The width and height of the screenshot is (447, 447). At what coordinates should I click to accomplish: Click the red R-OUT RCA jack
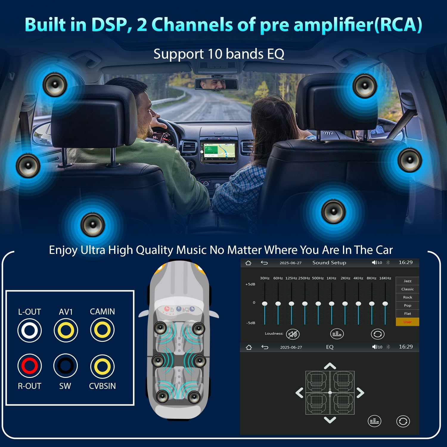[x=30, y=366]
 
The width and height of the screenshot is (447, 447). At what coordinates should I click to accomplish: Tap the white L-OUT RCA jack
[x=30, y=330]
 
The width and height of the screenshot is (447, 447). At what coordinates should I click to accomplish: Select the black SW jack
[x=66, y=366]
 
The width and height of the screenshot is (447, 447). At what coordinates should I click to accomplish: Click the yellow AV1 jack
[x=66, y=330]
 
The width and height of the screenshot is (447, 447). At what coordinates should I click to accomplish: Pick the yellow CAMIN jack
[x=102, y=330]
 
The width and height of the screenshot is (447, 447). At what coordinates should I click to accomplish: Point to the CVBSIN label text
[x=102, y=386]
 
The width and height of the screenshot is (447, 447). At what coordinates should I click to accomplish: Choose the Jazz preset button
[x=407, y=281]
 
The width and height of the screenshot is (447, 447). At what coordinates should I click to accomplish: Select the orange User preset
[x=407, y=322]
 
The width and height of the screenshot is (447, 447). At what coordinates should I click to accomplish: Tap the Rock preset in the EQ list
[x=407, y=297]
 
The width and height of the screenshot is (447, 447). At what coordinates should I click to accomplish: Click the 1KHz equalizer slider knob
[x=331, y=304]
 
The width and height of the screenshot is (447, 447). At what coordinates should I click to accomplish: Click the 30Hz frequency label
[x=265, y=278]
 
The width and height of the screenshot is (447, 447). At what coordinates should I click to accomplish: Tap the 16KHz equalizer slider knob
[x=385, y=304]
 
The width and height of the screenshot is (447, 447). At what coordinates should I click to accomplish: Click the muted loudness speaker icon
[x=293, y=334]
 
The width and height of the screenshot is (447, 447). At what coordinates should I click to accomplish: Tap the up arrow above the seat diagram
[x=330, y=366]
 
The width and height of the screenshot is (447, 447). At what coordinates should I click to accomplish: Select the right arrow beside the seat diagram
[x=360, y=393]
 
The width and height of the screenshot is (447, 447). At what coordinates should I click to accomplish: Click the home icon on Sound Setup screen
[x=248, y=263]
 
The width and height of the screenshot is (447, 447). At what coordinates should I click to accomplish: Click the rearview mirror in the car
[x=216, y=84]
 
